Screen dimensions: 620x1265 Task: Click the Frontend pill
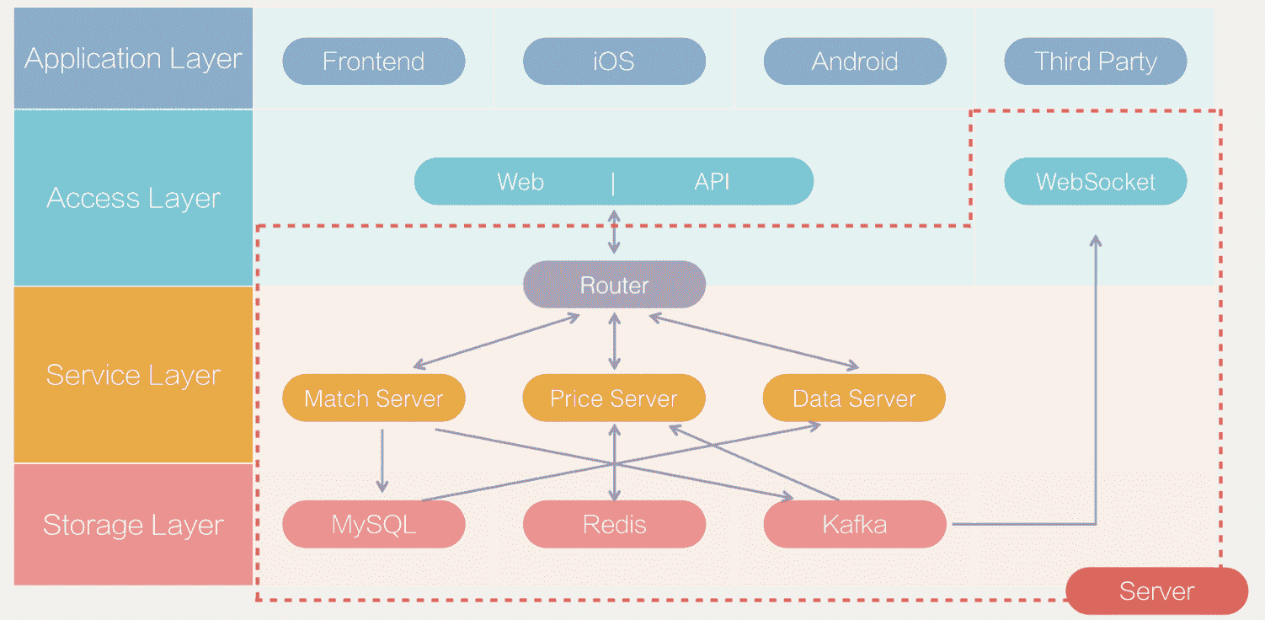coord(373,61)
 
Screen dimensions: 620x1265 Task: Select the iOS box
coord(614,61)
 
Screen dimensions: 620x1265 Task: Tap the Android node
coord(854,61)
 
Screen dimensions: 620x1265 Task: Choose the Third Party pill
coord(1095,61)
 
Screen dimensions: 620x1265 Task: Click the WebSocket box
coord(1095,182)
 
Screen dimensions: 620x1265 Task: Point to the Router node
coord(614,285)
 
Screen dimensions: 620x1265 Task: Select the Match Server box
coord(373,398)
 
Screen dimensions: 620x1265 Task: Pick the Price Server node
coord(614,398)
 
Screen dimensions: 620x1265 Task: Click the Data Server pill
coord(854,398)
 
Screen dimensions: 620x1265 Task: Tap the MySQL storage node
coord(373,525)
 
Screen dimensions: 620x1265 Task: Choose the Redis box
coord(614,525)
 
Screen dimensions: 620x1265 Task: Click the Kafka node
coord(854,525)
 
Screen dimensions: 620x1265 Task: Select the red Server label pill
coord(1156,591)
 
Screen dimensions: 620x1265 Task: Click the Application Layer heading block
coord(133,59)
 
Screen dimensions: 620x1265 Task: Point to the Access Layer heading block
coord(133,198)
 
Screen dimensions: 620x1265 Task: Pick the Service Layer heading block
coord(133,375)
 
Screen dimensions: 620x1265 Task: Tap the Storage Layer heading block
coord(133,525)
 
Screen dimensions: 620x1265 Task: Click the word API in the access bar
coord(712,182)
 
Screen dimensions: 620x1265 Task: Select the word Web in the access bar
coord(520,182)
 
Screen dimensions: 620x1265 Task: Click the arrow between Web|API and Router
coord(614,231)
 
